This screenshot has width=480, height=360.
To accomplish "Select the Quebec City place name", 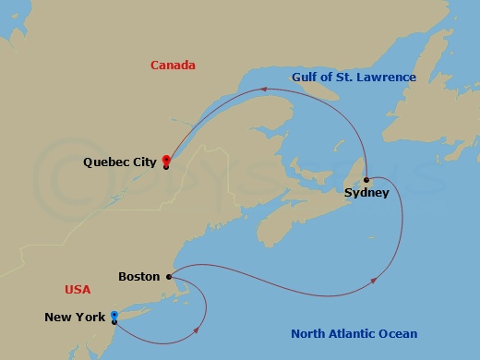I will click(119, 162).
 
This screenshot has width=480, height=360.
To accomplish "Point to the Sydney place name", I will click(366, 193).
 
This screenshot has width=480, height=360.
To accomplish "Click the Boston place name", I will click(139, 276).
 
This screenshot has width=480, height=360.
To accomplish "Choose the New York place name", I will click(75, 318).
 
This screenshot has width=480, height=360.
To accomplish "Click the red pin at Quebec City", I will click(165, 160).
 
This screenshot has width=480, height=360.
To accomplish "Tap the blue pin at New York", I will click(114, 316).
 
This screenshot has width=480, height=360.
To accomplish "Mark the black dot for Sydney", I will click(366, 179).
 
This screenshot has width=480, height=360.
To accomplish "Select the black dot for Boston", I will click(168, 275).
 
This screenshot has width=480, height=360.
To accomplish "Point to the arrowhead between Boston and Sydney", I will click(374, 280).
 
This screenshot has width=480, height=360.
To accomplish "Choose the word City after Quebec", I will click(142, 162).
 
